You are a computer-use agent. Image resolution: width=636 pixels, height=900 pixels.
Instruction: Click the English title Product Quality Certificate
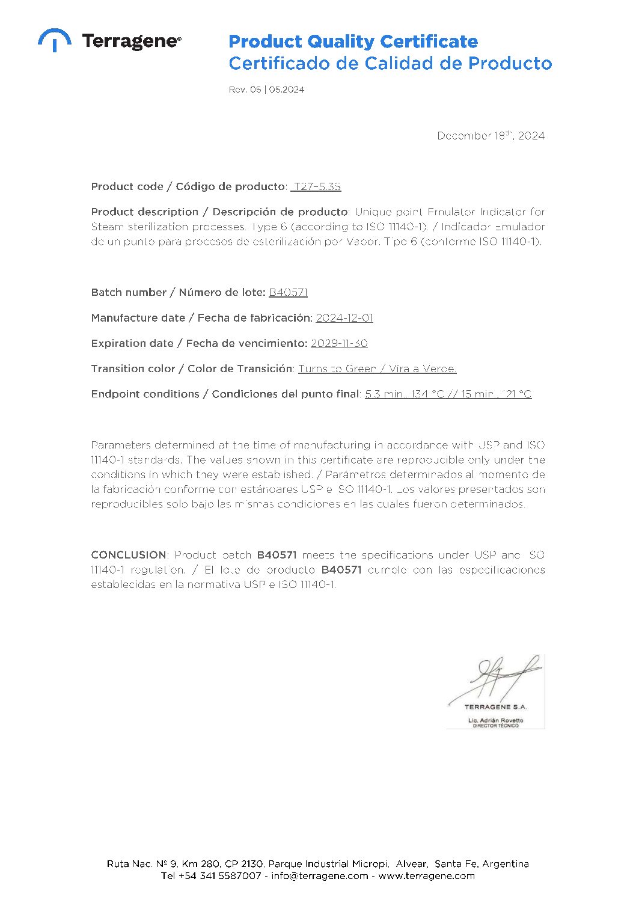(x=353, y=41)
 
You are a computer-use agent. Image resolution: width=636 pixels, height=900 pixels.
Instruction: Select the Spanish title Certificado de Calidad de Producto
(x=390, y=63)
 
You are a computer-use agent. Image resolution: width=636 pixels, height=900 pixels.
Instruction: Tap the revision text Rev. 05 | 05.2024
(x=266, y=90)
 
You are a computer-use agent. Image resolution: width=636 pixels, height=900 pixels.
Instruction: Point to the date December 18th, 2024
(x=491, y=136)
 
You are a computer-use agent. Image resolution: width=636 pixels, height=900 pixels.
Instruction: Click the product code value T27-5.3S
(x=317, y=187)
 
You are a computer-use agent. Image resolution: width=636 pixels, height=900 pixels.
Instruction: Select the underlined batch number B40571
(x=288, y=293)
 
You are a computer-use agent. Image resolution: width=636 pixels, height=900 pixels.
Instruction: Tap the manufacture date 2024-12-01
(x=344, y=318)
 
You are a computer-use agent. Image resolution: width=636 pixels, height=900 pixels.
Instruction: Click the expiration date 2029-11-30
(x=339, y=343)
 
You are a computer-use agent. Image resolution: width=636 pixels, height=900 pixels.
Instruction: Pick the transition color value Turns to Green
(x=337, y=369)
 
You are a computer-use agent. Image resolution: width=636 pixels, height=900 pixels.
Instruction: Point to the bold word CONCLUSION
(x=129, y=555)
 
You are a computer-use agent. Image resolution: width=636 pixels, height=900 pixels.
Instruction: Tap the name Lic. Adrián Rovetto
(x=496, y=720)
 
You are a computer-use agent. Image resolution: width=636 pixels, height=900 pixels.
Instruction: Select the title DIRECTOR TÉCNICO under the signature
(x=496, y=726)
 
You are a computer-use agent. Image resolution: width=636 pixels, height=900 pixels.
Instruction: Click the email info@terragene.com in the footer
(x=319, y=876)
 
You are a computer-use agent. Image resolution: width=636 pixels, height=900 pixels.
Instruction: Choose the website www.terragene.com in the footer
(x=426, y=876)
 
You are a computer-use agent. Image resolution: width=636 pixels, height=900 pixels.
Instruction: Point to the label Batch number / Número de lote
(x=178, y=293)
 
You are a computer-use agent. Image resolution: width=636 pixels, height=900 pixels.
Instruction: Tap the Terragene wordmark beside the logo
(x=130, y=41)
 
